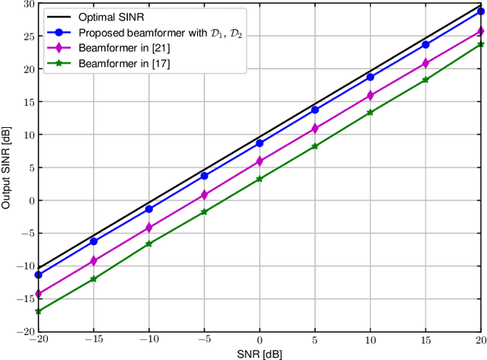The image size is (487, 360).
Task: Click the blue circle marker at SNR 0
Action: pyautogui.click(x=259, y=143)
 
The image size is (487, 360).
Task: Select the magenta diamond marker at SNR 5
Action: pyautogui.click(x=315, y=129)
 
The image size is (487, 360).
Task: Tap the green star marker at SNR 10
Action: pyautogui.click(x=370, y=113)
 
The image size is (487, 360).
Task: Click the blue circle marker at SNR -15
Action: pyautogui.click(x=94, y=241)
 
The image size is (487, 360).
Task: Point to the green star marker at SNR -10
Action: pyautogui.click(x=149, y=244)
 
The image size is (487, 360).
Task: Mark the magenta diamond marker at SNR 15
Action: pyautogui.click(x=425, y=63)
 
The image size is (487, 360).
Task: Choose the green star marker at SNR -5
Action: pyautogui.click(x=204, y=212)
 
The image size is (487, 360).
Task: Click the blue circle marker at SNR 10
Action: pyautogui.click(x=370, y=77)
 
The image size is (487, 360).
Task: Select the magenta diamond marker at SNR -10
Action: pyautogui.click(x=149, y=227)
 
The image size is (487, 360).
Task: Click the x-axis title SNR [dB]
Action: pyautogui.click(x=259, y=353)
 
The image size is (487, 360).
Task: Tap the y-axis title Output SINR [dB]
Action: pyautogui.click(x=7, y=167)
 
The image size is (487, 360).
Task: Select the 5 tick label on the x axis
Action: pyautogui.click(x=315, y=339)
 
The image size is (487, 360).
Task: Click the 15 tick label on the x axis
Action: pyautogui.click(x=425, y=339)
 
